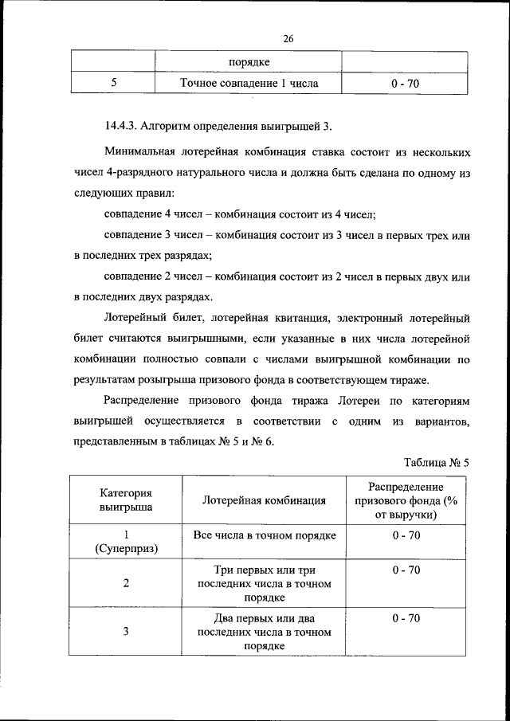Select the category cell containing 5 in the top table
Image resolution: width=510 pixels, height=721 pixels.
(113, 83)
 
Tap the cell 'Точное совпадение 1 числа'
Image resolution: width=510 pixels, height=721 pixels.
(249, 83)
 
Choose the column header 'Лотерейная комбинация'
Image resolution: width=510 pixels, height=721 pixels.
(264, 500)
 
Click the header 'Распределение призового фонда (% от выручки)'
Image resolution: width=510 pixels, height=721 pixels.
(406, 500)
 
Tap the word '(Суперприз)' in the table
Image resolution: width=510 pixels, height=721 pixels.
(126, 549)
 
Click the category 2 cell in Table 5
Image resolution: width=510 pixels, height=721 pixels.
(126, 582)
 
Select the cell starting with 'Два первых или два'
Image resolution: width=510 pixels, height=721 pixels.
(264, 632)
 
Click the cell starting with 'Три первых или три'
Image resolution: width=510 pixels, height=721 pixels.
(264, 582)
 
